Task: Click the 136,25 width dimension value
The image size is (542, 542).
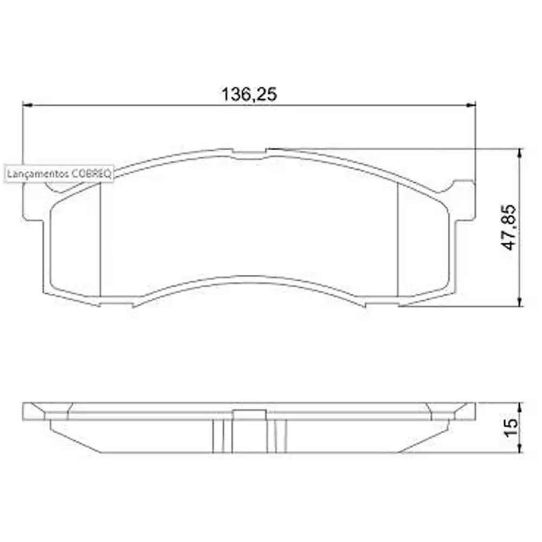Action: click(249, 95)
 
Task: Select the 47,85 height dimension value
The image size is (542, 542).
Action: click(509, 228)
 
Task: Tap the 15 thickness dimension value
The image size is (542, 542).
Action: click(510, 428)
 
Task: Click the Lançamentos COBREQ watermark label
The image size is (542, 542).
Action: click(59, 175)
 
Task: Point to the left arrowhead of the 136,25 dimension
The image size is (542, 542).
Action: click(27, 105)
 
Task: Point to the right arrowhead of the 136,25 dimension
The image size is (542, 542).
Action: click(471, 105)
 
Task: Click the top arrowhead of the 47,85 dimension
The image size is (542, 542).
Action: click(520, 152)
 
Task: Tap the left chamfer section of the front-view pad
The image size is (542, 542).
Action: click(76, 244)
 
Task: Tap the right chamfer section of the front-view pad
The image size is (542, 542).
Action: click(423, 244)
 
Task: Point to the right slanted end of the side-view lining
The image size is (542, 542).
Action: click(428, 436)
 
